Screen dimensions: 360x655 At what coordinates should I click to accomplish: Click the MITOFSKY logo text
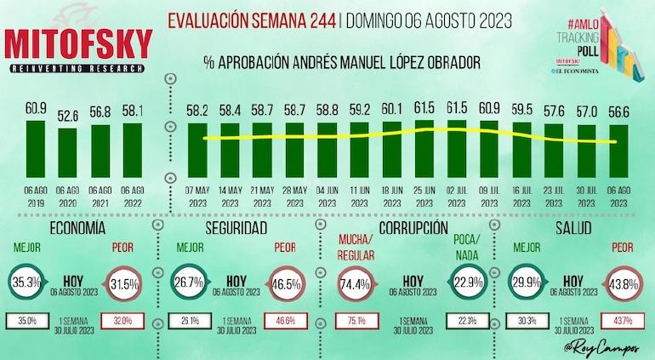[x=78, y=44]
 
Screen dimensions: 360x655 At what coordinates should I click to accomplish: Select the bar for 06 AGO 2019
[x=36, y=146]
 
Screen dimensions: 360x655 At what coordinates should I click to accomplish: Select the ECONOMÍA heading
[x=78, y=229]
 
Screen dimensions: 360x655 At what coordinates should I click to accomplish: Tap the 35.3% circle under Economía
[x=29, y=282]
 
